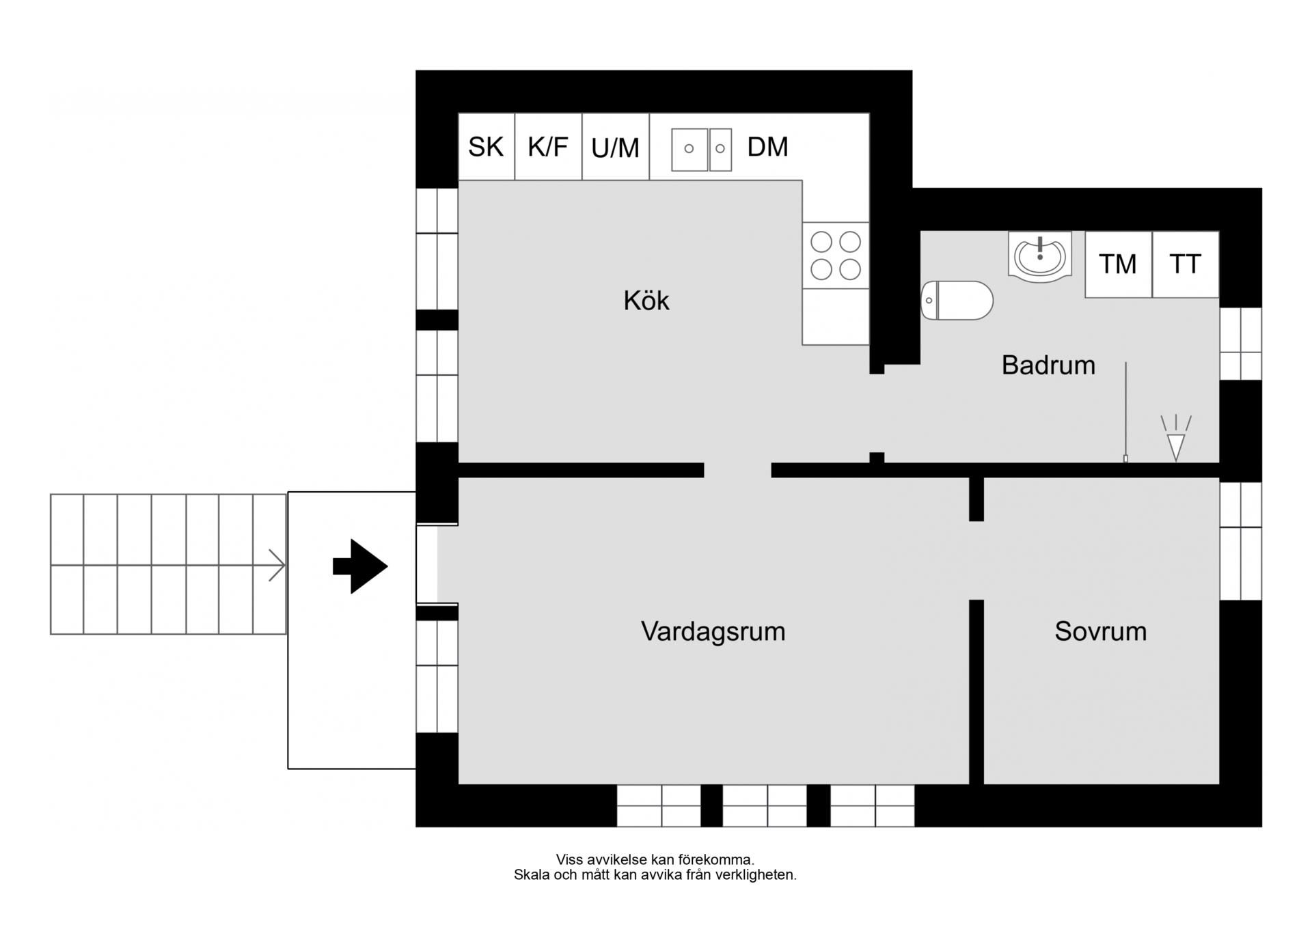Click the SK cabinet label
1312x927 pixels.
[485, 147]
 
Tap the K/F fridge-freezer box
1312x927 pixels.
[547, 147]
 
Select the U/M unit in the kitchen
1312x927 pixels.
[615, 148]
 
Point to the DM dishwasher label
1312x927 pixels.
[767, 147]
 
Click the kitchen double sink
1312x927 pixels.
[701, 149]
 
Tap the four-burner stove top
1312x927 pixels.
[835, 255]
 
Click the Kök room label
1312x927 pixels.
[646, 301]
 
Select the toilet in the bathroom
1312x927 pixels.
[956, 301]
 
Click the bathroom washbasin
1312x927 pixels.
[1039, 257]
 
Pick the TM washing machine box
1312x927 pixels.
[1118, 264]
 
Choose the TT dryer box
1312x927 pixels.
[1185, 264]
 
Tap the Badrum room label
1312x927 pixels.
[1048, 365]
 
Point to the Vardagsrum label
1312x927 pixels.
[713, 631]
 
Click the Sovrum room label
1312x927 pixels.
[1100, 631]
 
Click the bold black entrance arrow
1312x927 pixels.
[361, 566]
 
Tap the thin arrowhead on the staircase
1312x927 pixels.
[277, 566]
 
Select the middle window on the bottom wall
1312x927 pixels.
[765, 805]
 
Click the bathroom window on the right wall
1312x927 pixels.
[1240, 344]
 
